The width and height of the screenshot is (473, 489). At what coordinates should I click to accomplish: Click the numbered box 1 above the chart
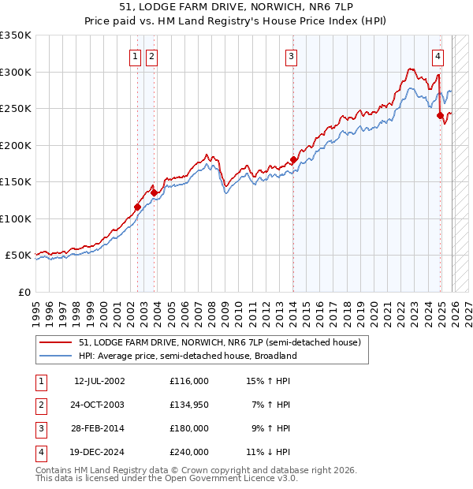coord(136,56)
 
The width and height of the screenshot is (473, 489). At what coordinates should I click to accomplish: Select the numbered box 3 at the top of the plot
coord(291,56)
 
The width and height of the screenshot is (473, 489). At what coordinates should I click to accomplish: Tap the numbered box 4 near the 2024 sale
coord(438,56)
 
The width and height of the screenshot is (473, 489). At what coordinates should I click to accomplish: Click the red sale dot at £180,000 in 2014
coord(293,160)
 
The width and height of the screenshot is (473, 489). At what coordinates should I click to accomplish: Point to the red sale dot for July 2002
coord(137,207)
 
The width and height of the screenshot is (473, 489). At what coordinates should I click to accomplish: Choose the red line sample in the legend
coord(55,343)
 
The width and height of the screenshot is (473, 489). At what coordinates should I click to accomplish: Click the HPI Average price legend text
coord(187,356)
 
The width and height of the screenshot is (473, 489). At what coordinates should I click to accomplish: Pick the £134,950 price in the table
coord(189,405)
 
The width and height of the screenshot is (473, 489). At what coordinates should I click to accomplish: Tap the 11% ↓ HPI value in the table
coord(268,453)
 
